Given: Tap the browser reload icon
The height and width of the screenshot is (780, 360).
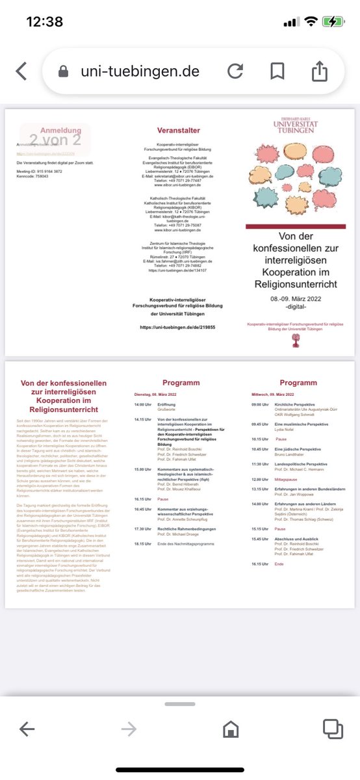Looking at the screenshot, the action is (x=236, y=71).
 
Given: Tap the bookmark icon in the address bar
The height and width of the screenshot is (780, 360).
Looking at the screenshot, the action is (x=277, y=71).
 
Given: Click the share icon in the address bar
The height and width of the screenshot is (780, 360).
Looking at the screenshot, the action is (x=319, y=71).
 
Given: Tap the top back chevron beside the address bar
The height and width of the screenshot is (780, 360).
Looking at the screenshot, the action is (x=21, y=71).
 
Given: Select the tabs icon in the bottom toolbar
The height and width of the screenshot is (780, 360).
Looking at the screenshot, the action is (x=333, y=730).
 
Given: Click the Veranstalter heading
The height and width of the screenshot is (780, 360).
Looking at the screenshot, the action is (x=178, y=131).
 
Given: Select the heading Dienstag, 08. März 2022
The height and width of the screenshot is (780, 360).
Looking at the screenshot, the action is (x=159, y=395).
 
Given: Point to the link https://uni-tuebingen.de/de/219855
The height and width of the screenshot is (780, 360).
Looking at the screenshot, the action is (x=178, y=328).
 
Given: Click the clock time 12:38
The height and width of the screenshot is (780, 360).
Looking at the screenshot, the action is (x=44, y=21).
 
